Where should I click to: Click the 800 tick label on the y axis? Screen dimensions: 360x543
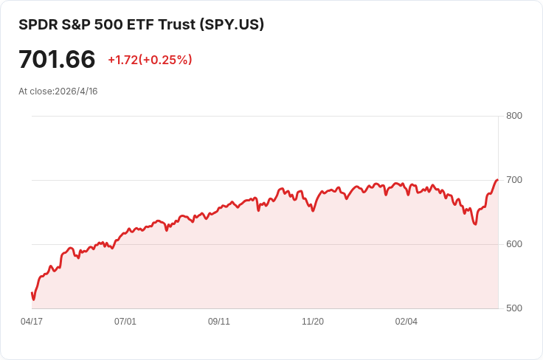514,116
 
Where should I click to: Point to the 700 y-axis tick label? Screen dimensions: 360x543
514,180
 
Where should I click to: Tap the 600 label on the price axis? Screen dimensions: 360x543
514,244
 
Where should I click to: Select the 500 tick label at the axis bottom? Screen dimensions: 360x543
514,308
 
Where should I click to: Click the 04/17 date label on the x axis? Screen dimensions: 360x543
32,322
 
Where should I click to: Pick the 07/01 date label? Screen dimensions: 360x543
125,322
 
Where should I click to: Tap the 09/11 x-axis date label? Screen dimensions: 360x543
219,322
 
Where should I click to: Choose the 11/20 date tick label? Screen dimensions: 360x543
313,322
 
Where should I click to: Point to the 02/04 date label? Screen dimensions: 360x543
407,322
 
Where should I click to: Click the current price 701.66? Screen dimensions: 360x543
57,59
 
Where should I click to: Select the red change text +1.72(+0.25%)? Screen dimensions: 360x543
150,60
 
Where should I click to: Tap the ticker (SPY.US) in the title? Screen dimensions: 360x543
232,24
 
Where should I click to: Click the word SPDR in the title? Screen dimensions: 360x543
37,24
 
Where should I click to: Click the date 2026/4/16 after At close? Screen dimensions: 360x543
76,91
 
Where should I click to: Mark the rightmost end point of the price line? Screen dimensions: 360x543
497,179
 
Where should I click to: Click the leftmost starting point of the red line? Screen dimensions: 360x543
32,293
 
